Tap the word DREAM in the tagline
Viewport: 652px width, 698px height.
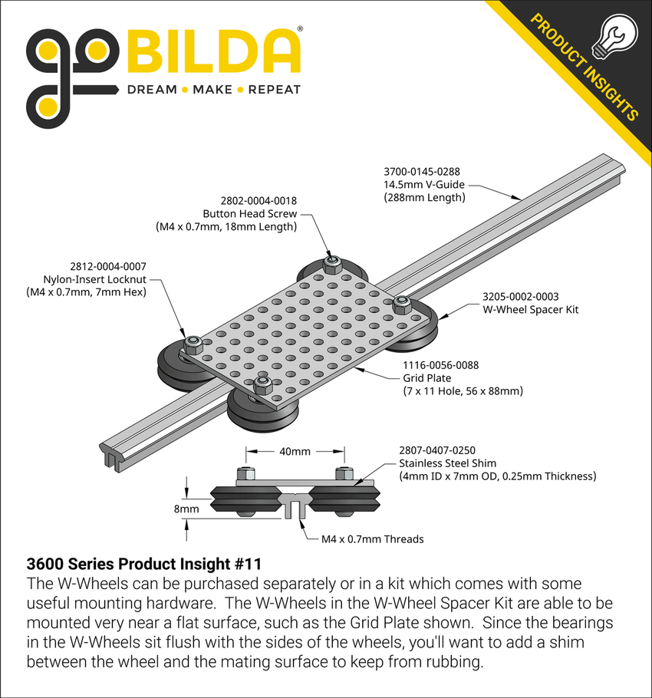pyautogui.click(x=151, y=90)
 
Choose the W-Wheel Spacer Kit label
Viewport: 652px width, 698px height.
pyautogui.click(x=531, y=309)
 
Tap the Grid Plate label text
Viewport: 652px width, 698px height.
pyautogui.click(x=426, y=378)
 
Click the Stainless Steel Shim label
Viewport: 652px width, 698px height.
pyautogui.click(x=447, y=463)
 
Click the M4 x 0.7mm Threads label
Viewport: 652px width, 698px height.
pyautogui.click(x=372, y=538)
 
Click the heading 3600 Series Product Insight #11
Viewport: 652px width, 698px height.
pyautogui.click(x=144, y=565)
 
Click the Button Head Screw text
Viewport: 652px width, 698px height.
pyautogui.click(x=249, y=213)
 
